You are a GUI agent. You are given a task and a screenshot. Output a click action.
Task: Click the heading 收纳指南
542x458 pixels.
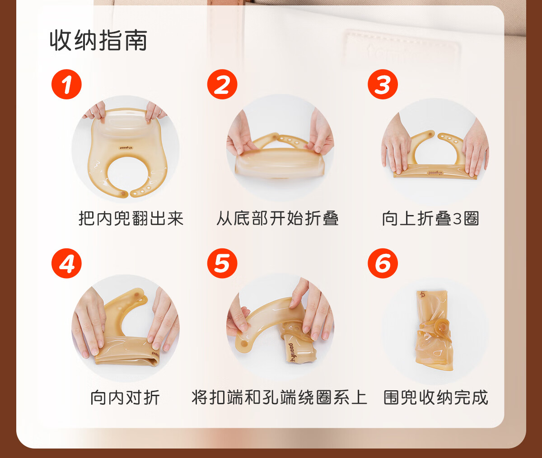[98, 41]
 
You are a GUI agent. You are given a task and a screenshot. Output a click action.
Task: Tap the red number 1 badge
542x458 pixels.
[66, 84]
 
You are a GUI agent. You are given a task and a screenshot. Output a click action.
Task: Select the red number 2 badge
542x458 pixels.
[222, 84]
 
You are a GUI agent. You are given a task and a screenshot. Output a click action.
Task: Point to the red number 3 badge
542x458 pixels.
[383, 84]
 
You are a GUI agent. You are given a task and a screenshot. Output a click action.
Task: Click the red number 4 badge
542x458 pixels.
[66, 263]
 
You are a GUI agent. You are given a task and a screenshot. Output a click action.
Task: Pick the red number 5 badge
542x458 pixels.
[222, 263]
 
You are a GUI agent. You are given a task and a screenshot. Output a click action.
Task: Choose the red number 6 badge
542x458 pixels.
[383, 263]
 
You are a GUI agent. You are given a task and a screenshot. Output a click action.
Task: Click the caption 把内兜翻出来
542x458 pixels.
[131, 218]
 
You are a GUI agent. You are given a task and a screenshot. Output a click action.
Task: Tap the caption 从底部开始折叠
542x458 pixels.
[277, 218]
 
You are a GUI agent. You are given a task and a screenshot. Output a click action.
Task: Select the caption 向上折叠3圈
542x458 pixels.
[430, 218]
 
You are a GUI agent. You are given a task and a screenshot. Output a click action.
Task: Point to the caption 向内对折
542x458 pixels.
[125, 397]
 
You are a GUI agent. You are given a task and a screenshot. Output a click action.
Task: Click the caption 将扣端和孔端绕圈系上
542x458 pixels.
[280, 397]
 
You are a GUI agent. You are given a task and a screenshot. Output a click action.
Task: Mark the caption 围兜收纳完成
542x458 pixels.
[436, 397]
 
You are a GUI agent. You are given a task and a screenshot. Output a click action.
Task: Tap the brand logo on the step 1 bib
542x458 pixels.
[126, 148]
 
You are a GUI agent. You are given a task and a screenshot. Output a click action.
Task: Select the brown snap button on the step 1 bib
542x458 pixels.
[122, 193]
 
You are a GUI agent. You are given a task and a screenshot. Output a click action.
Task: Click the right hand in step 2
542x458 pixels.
[320, 132]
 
